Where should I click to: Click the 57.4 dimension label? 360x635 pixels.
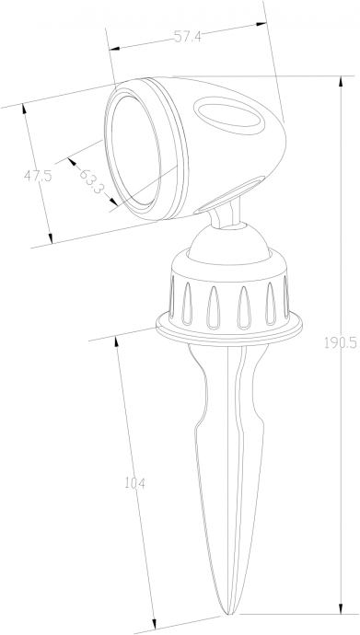188,37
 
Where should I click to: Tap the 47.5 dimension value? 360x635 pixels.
38,176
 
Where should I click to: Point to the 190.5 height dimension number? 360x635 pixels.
341,343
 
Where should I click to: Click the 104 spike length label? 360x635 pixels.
134,483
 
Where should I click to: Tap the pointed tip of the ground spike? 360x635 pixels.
228,614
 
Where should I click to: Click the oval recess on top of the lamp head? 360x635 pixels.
228,116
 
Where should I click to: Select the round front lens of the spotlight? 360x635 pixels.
135,151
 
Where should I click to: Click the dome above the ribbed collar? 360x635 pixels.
229,242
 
